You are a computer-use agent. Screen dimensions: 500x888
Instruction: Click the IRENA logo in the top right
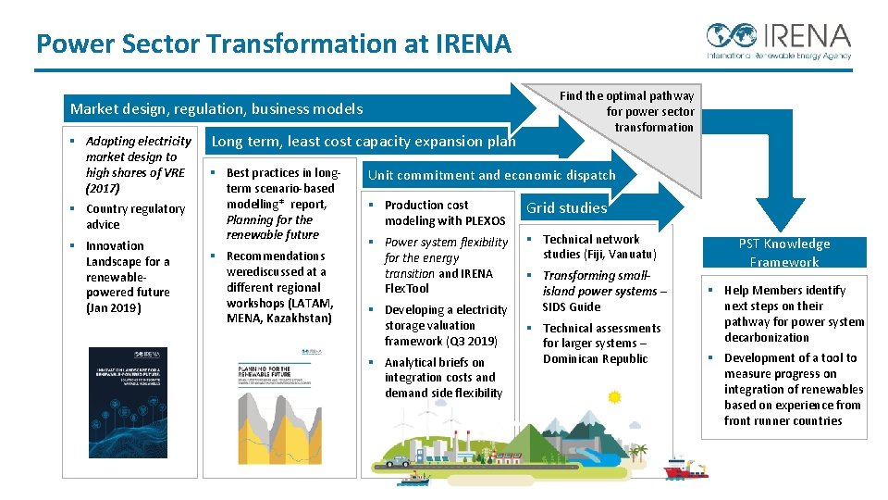pyautogui.click(x=778, y=42)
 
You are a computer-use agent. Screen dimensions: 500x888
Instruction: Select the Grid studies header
pyautogui.click(x=566, y=207)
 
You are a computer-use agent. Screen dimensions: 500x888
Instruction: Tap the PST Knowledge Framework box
pyautogui.click(x=783, y=253)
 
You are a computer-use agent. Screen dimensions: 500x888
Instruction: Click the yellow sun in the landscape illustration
pyautogui.click(x=614, y=397)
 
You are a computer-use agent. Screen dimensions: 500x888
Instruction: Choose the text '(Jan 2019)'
pyautogui.click(x=113, y=307)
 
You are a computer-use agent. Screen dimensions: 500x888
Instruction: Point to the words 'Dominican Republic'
pyautogui.click(x=595, y=358)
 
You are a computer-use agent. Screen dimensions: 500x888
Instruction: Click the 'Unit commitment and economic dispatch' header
pyautogui.click(x=491, y=175)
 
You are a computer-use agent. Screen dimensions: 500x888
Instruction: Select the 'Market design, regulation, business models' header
pyautogui.click(x=216, y=109)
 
